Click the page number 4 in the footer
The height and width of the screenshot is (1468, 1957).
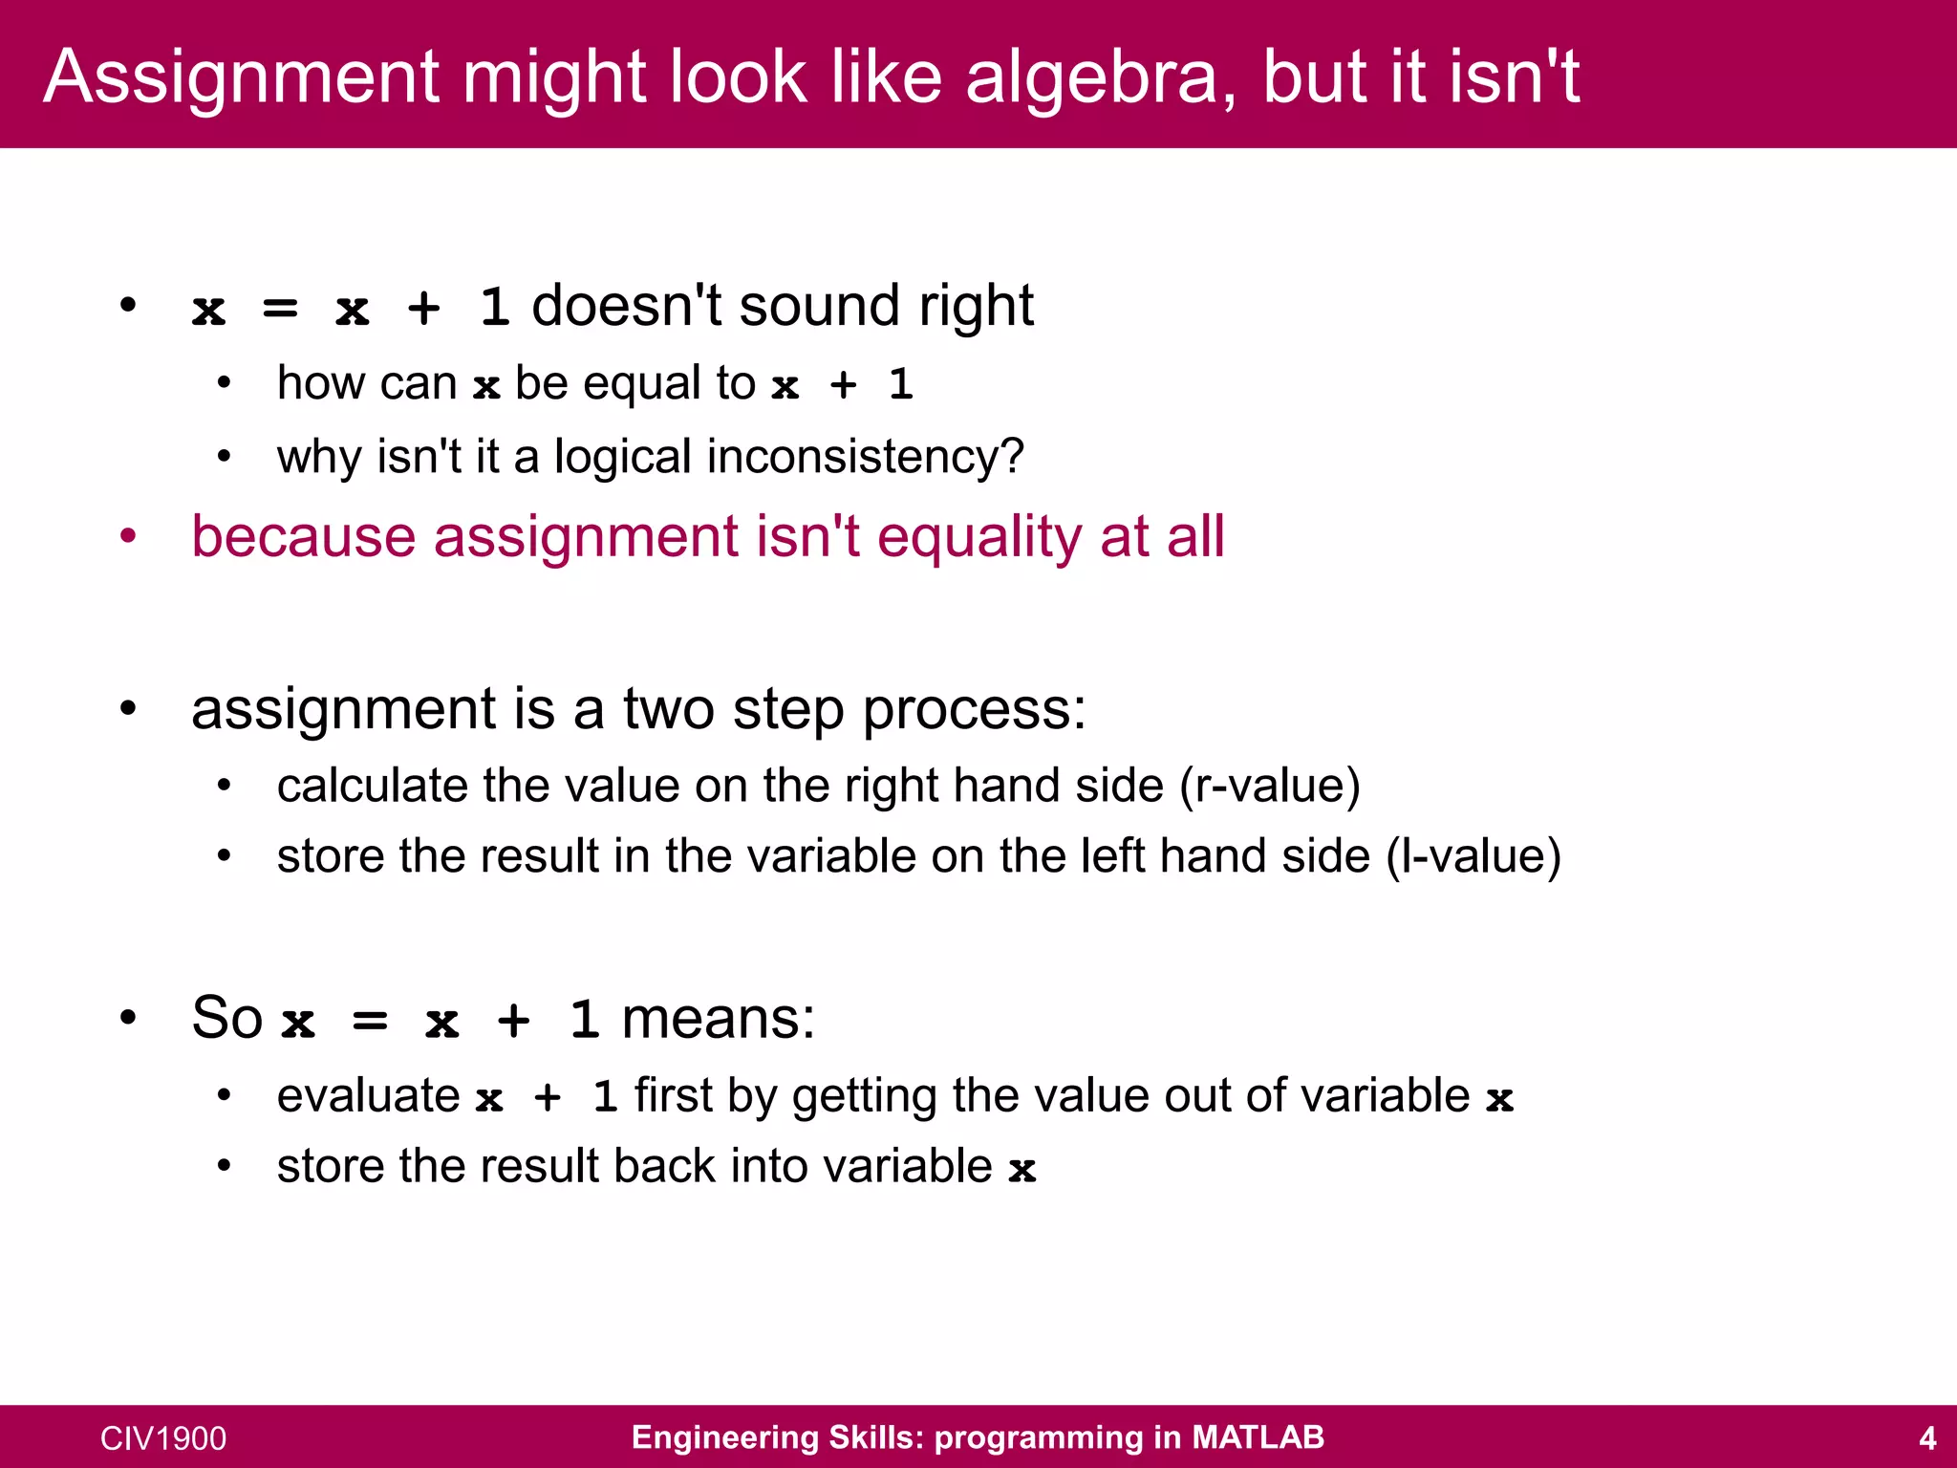click(1927, 1438)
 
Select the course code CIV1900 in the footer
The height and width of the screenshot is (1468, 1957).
click(163, 1438)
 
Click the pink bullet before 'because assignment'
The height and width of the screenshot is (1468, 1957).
click(128, 535)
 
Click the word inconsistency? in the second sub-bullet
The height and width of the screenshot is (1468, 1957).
click(866, 457)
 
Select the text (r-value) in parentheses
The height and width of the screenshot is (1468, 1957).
click(1270, 786)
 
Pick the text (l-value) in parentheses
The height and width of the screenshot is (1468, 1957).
click(1473, 855)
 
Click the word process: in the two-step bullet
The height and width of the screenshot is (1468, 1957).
click(975, 710)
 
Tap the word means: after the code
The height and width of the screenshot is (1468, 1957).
click(719, 1018)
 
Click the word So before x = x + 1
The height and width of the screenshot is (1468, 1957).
click(226, 1018)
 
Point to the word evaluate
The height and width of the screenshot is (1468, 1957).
click(369, 1096)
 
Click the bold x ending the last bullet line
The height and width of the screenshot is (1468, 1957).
click(1022, 1168)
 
